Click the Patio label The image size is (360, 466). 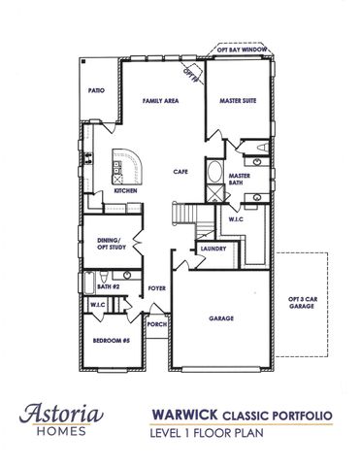[x=96, y=89]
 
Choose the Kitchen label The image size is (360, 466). [x=125, y=191]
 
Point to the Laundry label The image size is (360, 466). [x=213, y=249]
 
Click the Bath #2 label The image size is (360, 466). [x=108, y=287]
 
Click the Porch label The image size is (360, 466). [x=155, y=324]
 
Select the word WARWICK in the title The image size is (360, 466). [x=183, y=416]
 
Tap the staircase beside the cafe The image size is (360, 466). [x=184, y=213]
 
